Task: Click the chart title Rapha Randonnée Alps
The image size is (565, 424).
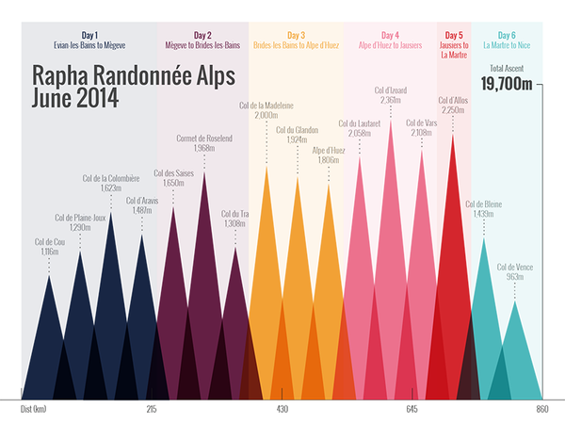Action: pos(132,74)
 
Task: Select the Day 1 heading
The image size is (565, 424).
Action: pos(89,35)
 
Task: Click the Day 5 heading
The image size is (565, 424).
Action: pos(453,35)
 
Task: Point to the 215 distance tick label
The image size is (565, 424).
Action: pos(152,410)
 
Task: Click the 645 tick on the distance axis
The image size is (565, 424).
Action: pos(412,410)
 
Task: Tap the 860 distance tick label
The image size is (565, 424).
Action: pos(542,410)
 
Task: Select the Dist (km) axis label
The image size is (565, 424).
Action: pos(33,410)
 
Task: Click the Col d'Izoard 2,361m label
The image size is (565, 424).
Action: pos(390,95)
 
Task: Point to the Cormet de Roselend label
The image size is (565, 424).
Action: pos(204,143)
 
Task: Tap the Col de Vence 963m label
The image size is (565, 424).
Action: pos(515,272)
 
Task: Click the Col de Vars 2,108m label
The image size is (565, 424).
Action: pos(421,128)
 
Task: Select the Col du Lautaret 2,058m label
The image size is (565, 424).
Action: pos(359,128)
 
